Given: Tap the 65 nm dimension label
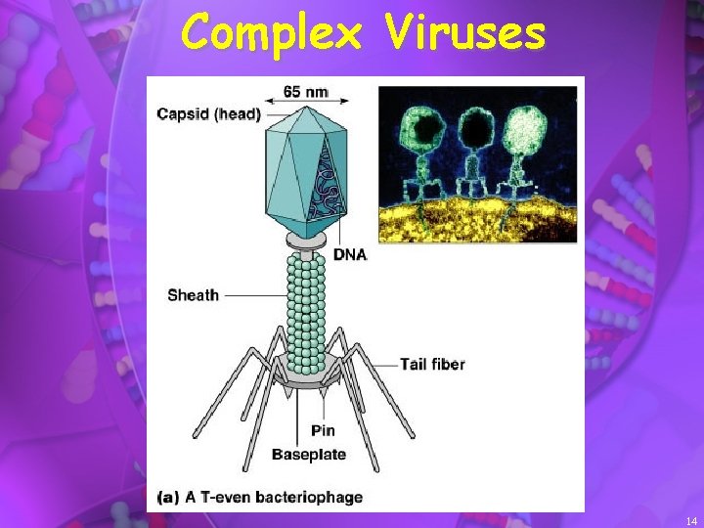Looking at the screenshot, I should point(305,93).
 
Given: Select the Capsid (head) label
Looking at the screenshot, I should point(209,114).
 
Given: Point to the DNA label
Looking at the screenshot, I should point(351,254).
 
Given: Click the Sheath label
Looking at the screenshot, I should point(193,294).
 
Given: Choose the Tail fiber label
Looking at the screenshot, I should point(432,364).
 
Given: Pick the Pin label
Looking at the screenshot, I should point(324,430).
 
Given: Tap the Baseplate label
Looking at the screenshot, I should point(308,454).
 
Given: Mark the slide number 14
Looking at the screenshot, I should point(691,520).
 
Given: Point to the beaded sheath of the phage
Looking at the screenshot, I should point(307,303).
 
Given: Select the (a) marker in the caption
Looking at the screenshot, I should point(167,497).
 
